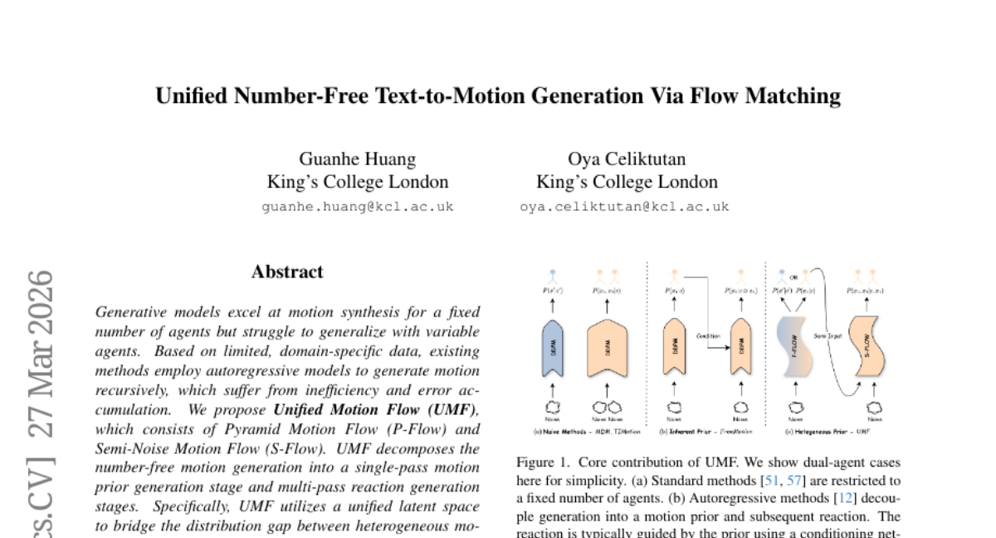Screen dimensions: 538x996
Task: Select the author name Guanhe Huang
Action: pos(358,159)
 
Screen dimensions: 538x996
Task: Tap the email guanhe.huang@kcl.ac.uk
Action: pos(358,207)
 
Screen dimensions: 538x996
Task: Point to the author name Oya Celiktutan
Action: pos(627,159)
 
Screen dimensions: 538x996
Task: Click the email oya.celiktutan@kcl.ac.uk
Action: pos(625,207)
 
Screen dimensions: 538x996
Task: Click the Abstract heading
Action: pos(287,271)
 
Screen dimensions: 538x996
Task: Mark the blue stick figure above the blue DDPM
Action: pos(552,275)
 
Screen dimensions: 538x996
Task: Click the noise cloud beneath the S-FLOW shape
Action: pos(873,408)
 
